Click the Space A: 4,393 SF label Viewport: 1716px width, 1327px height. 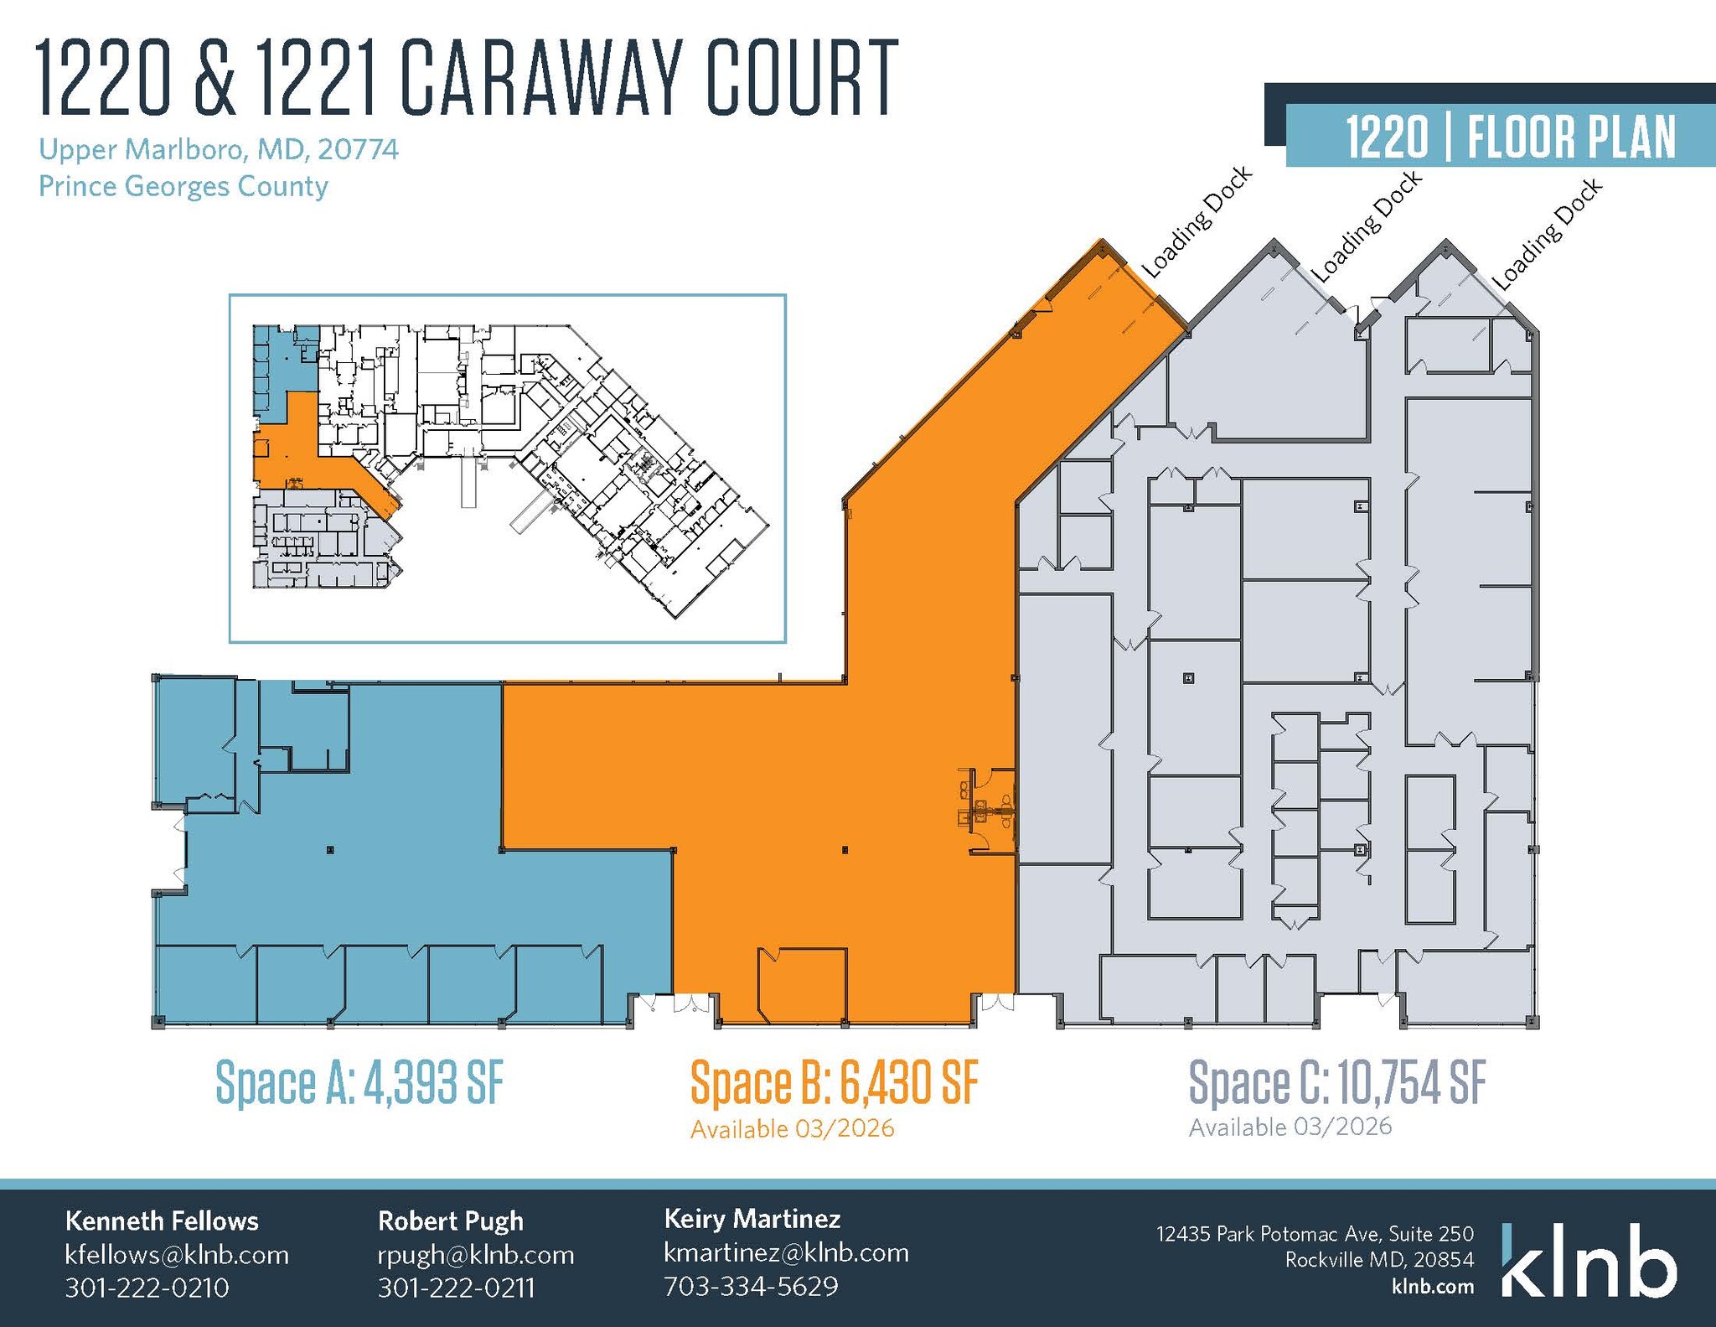360,1082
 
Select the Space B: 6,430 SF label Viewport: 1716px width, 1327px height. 834,1082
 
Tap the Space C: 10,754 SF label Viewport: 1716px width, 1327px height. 1337,1082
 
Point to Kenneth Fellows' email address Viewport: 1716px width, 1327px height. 177,1255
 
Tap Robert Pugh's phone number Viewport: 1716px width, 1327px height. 456,1288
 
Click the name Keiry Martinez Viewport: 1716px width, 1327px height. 752,1218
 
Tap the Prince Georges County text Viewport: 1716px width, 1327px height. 183,186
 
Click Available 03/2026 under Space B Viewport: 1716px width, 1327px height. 792,1129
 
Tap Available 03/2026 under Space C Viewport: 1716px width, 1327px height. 1290,1127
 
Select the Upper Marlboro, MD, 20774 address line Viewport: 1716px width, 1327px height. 219,149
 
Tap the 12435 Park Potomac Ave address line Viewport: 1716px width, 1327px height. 1315,1234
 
